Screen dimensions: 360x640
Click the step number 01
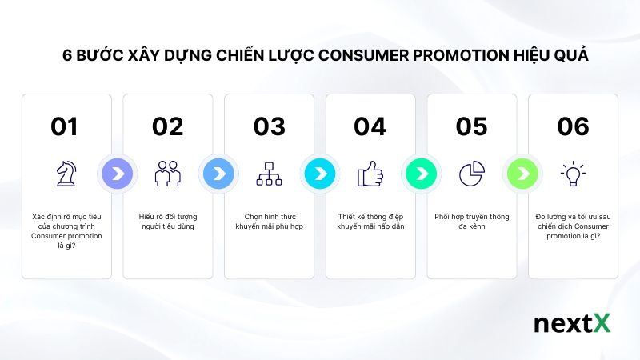64,126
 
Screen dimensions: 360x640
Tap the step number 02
167,126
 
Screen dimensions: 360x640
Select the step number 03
269,126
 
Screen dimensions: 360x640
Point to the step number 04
370,126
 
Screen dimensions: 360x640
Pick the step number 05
471,126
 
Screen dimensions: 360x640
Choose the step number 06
573,126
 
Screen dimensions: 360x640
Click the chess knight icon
66,173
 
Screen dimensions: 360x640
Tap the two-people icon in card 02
168,173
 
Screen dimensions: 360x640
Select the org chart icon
269,173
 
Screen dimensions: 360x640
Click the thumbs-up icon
370,173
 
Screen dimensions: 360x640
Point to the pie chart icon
472,173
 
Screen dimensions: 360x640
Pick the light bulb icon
573,173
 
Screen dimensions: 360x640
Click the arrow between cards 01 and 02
117,173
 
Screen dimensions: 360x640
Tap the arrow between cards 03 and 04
319,173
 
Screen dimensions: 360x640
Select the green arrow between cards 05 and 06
522,173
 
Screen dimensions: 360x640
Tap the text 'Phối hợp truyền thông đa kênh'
472,222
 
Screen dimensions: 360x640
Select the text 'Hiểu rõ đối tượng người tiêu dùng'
168,222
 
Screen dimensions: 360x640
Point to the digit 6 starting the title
67,57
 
